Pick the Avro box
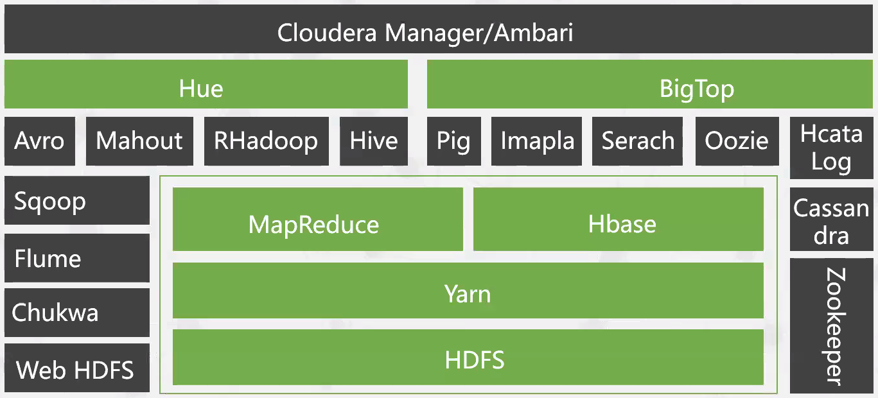click(x=40, y=141)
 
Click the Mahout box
click(x=139, y=141)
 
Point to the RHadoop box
click(x=266, y=141)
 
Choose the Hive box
click(x=374, y=141)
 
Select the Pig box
click(x=453, y=141)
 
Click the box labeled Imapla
click(x=537, y=141)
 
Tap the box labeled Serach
click(x=638, y=141)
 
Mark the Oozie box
click(x=737, y=141)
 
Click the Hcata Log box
click(x=830, y=148)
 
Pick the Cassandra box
click(x=830, y=221)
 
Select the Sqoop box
click(x=76, y=202)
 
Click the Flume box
click(x=76, y=258)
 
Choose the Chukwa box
click(x=76, y=313)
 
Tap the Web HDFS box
click(x=76, y=368)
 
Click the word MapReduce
click(x=313, y=225)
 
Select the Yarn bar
click(x=468, y=294)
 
